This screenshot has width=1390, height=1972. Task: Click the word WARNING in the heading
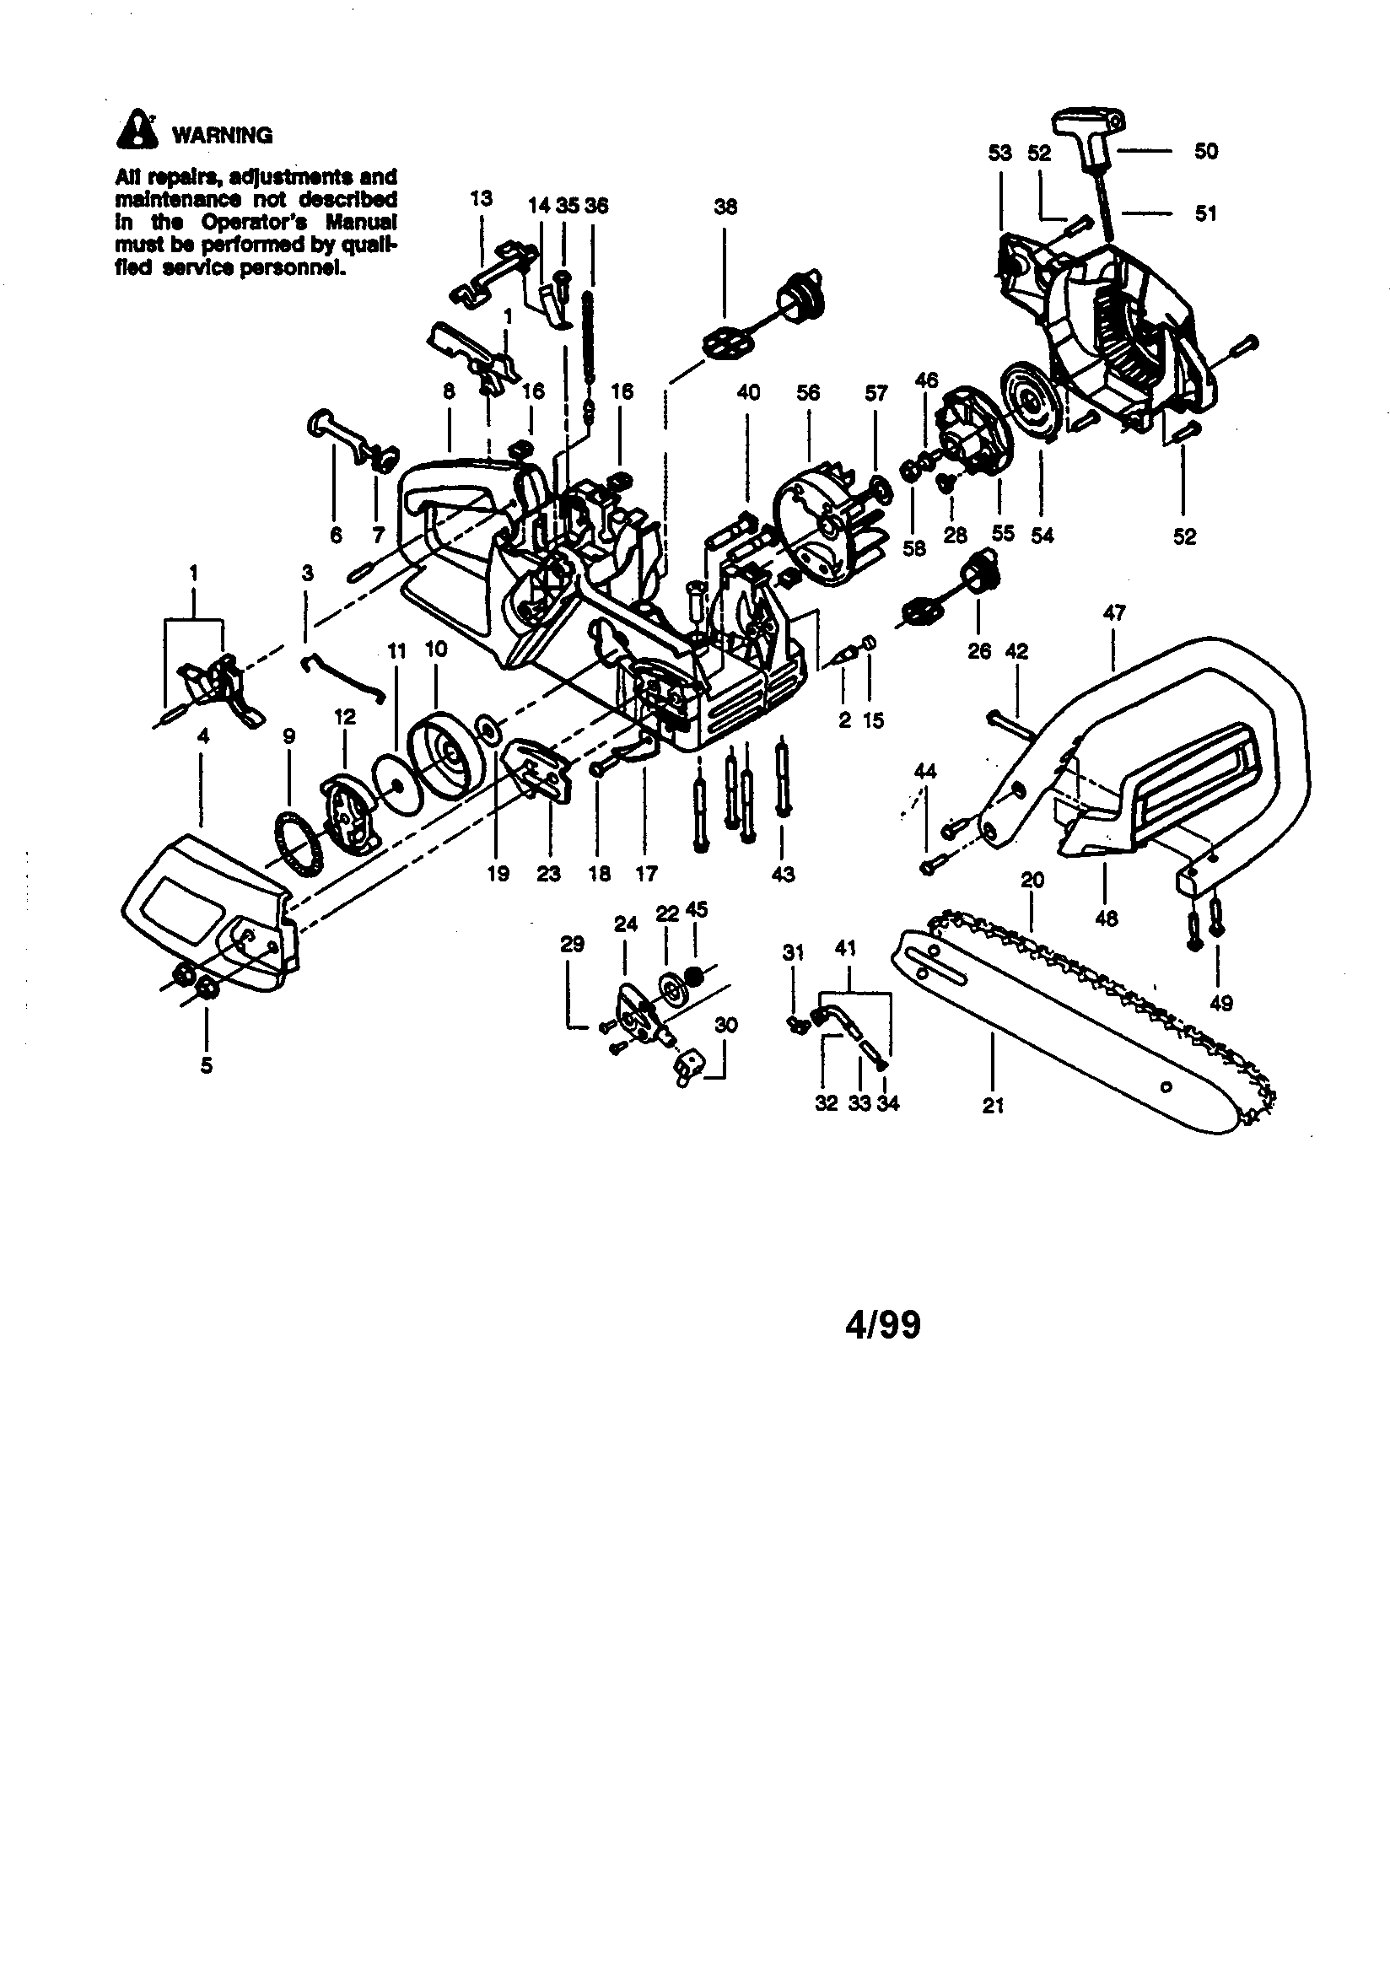point(223,136)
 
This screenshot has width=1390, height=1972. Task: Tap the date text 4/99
point(882,1324)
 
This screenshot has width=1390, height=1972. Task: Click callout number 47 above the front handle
point(1114,613)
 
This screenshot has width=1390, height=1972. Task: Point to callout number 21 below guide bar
point(993,1107)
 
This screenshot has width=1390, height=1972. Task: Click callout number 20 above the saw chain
point(1032,881)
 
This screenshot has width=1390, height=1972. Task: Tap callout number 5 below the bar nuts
point(206,1065)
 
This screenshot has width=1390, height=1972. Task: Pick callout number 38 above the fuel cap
point(726,206)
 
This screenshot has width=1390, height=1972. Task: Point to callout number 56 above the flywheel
point(807,392)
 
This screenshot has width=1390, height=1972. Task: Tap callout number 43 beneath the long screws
point(783,875)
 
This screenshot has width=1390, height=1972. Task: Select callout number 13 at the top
point(481,197)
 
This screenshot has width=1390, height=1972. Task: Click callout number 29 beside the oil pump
point(572,944)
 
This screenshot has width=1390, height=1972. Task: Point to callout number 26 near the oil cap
point(979,651)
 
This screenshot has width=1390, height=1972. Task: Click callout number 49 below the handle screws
point(1220,1002)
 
